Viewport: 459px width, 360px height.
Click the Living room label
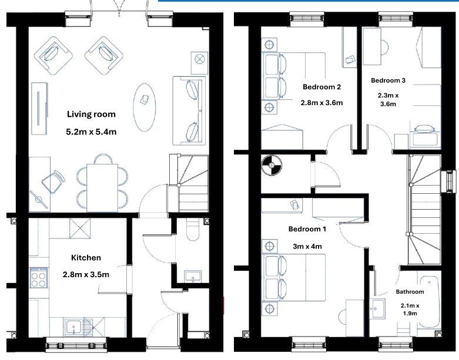tap(91, 114)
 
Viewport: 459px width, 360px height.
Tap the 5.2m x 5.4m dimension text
tap(91, 132)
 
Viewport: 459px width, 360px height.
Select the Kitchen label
tap(86, 258)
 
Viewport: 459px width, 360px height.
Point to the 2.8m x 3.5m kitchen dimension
tap(86, 275)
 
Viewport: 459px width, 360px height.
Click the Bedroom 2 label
tap(321, 87)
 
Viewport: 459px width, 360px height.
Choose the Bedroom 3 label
tap(388, 80)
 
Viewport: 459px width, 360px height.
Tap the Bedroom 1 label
tap(307, 228)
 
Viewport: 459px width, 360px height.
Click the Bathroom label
tap(410, 291)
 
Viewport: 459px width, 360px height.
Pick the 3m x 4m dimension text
tap(307, 247)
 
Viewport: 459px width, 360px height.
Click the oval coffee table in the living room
tap(145, 107)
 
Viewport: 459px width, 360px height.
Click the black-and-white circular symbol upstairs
tap(272, 165)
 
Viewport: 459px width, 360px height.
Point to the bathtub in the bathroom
tap(430, 302)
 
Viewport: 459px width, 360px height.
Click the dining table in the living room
tap(102, 188)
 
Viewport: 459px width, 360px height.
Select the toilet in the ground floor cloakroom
tap(193, 230)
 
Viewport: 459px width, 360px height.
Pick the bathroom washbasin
tap(377, 308)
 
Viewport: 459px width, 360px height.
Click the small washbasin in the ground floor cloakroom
tap(193, 277)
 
